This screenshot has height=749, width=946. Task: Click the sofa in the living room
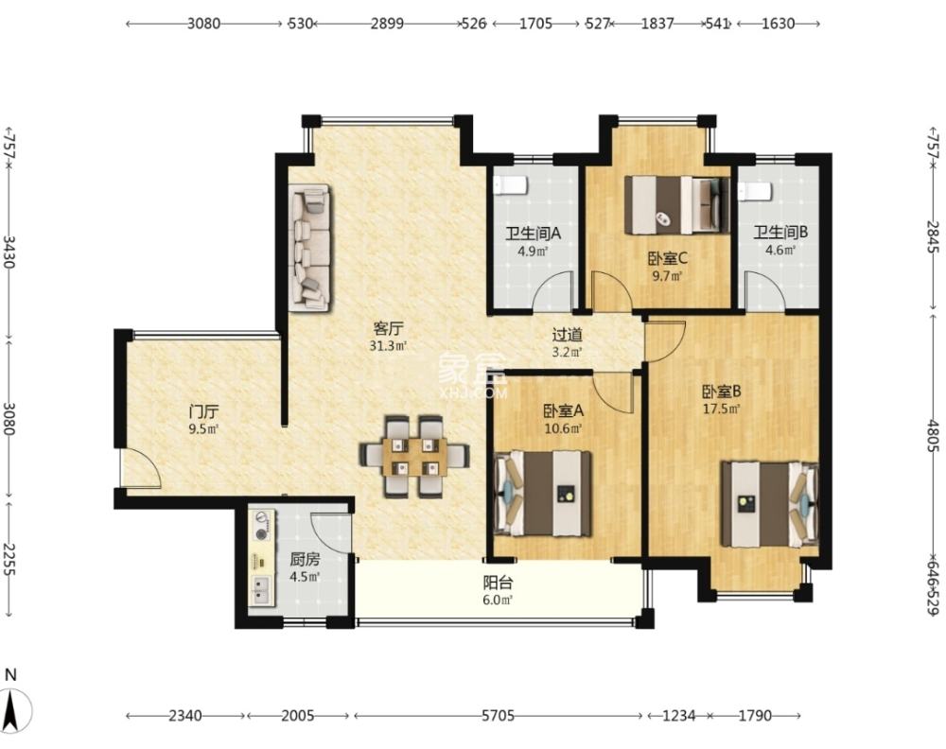coord(310,248)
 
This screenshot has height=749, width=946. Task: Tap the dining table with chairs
coord(414,457)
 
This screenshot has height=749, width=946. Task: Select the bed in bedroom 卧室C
coord(675,205)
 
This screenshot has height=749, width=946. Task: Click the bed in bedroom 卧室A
coord(542,494)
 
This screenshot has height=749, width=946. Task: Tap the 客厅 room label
coord(388,329)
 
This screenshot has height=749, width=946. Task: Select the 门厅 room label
coord(203,412)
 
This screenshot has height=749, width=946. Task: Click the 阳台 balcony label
coord(498,583)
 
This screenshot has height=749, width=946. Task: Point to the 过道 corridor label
coord(567,335)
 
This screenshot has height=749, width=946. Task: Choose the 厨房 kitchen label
coord(305,559)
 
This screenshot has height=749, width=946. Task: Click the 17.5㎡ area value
coord(722,409)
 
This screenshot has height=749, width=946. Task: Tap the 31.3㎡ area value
coord(388,346)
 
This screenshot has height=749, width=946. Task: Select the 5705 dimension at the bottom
coord(498,716)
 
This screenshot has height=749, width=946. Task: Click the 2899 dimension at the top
coord(387,24)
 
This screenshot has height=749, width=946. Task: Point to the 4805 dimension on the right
coord(933,436)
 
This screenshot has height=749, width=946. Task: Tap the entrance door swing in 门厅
coord(141,468)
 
